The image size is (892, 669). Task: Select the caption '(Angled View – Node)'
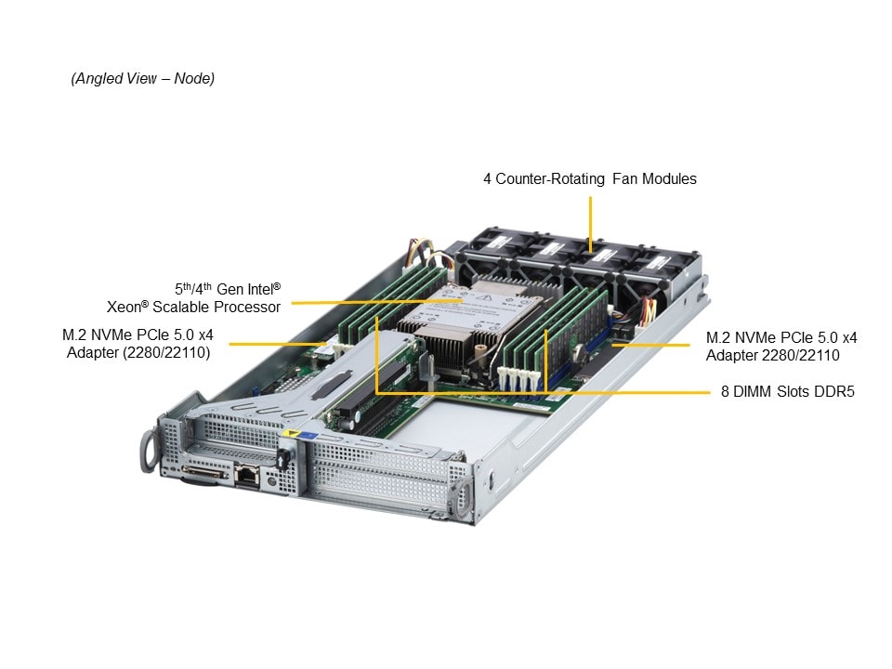click(x=143, y=79)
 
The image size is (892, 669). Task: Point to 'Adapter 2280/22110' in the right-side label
click(x=772, y=355)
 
